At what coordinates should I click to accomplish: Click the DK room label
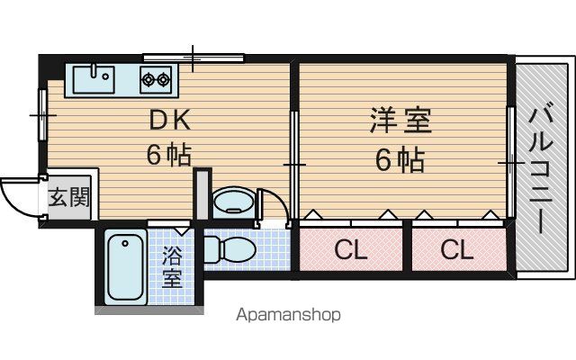(170, 120)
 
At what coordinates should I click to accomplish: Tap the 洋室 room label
(400, 120)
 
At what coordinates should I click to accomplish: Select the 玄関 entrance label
(69, 198)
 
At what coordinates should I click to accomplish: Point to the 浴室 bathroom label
(172, 266)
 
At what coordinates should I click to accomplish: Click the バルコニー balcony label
(541, 170)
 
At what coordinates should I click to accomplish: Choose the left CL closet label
(351, 250)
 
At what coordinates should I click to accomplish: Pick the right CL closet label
(456, 250)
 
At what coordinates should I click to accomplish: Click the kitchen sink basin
(94, 80)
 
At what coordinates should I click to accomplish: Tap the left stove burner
(148, 79)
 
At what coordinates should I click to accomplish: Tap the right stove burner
(163, 79)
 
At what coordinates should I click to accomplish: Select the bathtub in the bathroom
(125, 267)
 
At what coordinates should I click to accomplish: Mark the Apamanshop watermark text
(288, 315)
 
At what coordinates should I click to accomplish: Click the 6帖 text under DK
(169, 155)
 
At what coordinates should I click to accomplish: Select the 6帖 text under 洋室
(400, 160)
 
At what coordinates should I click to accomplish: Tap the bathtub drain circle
(125, 243)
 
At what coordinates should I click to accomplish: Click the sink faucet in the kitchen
(94, 70)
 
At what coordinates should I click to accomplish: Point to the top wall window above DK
(193, 58)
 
